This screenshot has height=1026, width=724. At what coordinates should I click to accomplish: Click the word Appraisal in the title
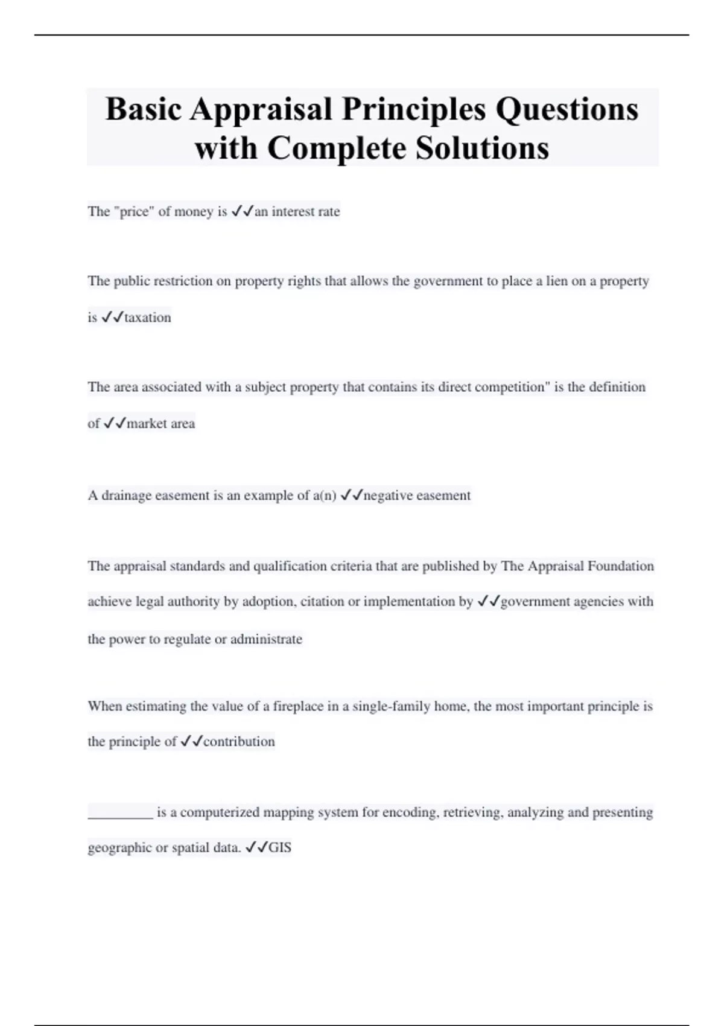(261, 110)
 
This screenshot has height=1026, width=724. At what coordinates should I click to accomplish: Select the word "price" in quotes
(133, 211)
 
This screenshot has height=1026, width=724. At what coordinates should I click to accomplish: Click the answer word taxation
(147, 317)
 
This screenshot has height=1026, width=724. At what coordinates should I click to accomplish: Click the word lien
(557, 281)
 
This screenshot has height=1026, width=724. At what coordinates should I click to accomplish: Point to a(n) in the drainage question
(325, 495)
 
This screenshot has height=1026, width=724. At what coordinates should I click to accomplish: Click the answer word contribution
(239, 742)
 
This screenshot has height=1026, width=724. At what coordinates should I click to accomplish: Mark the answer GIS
(280, 848)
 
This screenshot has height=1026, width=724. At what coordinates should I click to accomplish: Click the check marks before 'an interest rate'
(242, 211)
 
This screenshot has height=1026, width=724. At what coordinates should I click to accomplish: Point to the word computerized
(220, 812)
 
